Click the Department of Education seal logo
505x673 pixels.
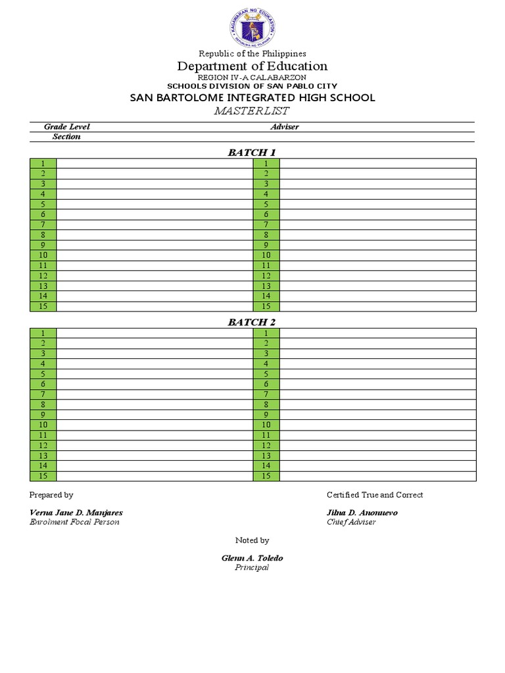coord(252,28)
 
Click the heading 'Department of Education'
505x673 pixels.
coord(252,66)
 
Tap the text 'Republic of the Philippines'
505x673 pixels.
coord(252,53)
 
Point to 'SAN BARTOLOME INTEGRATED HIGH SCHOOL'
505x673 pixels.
coord(252,97)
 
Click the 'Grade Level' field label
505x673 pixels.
coord(67,127)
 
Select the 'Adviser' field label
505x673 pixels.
coord(285,127)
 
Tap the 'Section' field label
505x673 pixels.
coord(67,137)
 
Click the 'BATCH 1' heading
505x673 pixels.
coord(252,152)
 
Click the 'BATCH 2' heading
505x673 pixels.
coord(252,322)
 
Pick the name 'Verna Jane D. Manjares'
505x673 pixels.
coord(76,513)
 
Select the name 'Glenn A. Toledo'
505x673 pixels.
coord(252,558)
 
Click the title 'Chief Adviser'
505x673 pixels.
coord(352,522)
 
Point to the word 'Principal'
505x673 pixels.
coord(252,567)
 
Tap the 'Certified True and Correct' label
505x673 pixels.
coord(375,495)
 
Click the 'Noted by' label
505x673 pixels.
coord(252,540)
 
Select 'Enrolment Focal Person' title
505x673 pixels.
coord(75,522)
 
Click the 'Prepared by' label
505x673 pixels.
coord(51,495)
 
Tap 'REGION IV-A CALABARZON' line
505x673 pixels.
coord(252,78)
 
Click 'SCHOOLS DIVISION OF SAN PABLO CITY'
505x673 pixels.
coord(252,86)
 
